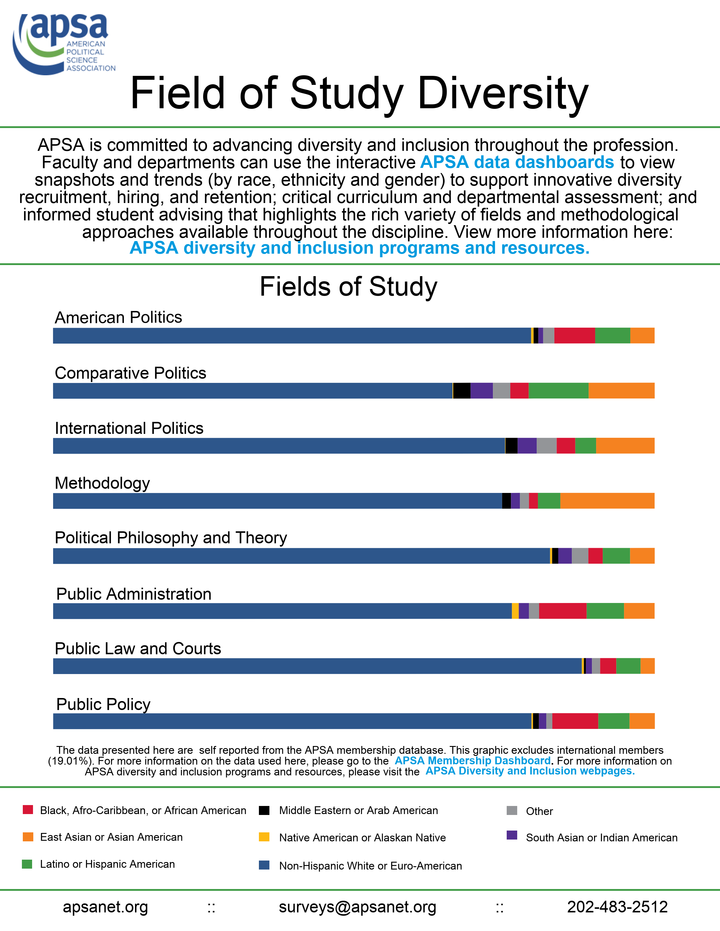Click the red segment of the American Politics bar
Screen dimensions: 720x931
(574, 336)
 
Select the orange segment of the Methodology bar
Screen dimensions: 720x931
(607, 501)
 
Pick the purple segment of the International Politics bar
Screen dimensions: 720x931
(527, 446)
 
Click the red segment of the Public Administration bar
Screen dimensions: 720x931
(562, 611)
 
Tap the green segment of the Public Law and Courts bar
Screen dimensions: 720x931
(628, 666)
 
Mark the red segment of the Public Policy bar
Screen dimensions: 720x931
(575, 721)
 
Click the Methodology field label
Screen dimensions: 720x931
(102, 483)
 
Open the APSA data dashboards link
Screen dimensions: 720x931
(517, 163)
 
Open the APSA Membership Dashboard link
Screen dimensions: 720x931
(472, 761)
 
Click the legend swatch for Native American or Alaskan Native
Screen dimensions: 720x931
(264, 837)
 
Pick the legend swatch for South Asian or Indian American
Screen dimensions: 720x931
(512, 835)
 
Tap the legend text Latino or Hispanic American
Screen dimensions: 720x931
(107, 864)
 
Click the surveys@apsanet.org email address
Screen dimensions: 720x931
(357, 907)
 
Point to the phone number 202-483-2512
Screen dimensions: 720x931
(617, 907)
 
